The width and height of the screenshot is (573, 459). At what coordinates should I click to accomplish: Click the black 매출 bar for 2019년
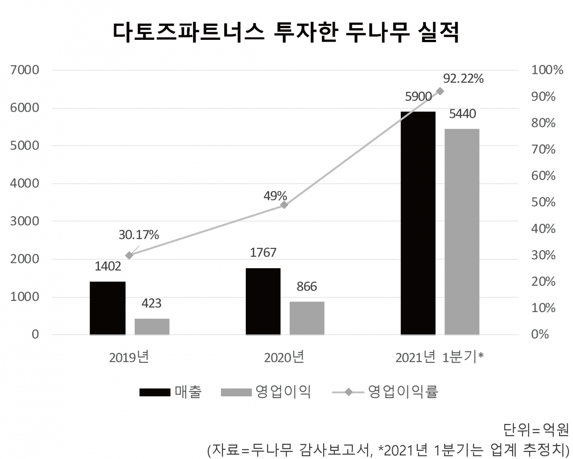(107, 308)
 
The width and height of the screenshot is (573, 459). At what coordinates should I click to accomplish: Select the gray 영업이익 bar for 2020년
(307, 318)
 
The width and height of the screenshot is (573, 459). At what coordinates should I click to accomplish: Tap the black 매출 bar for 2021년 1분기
(418, 223)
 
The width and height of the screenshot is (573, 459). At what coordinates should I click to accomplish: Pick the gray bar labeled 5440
(462, 232)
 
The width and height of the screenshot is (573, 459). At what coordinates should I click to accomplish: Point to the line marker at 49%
(284, 205)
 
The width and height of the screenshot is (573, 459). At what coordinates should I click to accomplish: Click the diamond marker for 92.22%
(440, 91)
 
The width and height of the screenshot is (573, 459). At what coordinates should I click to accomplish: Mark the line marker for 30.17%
(129, 255)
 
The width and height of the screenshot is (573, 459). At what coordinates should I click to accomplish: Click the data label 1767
(263, 253)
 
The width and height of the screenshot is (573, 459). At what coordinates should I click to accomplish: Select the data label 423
(151, 304)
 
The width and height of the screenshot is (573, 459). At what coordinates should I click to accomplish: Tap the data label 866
(307, 287)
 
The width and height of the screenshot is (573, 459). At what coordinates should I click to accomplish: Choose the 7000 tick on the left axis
(26, 70)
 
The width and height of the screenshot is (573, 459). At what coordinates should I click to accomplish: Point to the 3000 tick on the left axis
(26, 221)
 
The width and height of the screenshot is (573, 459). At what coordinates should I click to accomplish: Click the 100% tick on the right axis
(547, 70)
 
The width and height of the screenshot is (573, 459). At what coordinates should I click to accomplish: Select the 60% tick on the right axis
(543, 176)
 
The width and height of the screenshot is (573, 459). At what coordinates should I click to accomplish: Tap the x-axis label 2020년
(284, 357)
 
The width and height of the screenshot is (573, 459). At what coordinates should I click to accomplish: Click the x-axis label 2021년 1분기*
(440, 357)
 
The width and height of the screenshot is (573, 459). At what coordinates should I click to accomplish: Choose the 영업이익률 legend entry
(385, 392)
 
